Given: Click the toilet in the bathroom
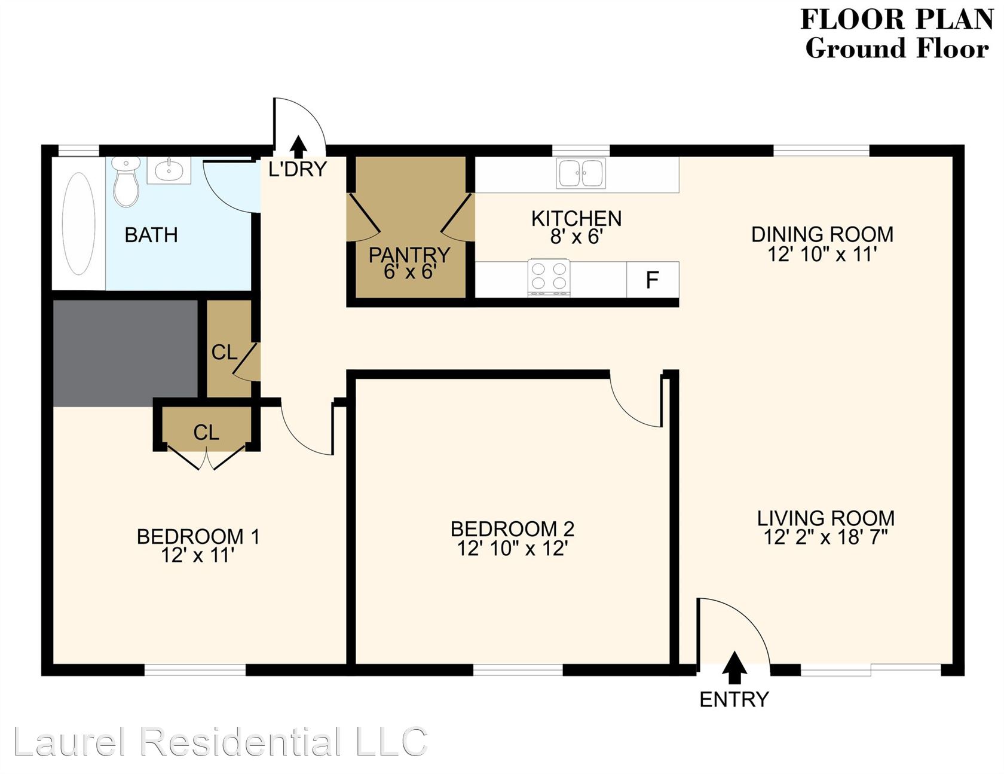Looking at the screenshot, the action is (x=125, y=181).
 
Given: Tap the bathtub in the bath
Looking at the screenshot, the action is (x=79, y=223).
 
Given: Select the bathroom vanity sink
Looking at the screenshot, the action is (x=169, y=170).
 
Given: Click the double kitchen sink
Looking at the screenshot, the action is (x=580, y=173).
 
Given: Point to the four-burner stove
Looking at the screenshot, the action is (x=549, y=278).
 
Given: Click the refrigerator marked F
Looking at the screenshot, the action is (x=653, y=280).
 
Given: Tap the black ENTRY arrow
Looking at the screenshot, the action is (x=734, y=668).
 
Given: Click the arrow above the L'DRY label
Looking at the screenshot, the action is (x=298, y=147).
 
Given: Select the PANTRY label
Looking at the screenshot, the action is (x=409, y=255).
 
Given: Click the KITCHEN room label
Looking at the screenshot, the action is (x=577, y=219).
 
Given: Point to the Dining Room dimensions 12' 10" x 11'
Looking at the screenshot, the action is (x=822, y=255).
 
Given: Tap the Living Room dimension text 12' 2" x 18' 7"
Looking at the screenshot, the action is (x=825, y=537).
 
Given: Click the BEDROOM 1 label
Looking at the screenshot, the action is (x=198, y=537).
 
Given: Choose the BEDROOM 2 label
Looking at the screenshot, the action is (x=512, y=529).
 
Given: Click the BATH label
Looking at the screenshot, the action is (x=151, y=235).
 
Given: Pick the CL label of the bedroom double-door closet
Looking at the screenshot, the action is (x=206, y=432).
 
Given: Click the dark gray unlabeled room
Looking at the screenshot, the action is (x=125, y=353).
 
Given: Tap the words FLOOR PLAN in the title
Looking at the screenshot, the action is (x=897, y=19).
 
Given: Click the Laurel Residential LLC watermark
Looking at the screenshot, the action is (x=220, y=742).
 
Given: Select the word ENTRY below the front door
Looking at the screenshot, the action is (x=734, y=699).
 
